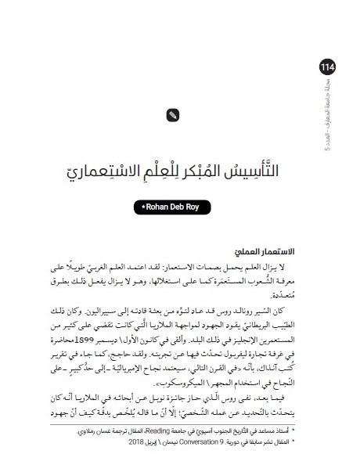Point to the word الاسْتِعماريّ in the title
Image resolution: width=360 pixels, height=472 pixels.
coord(105,167)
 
